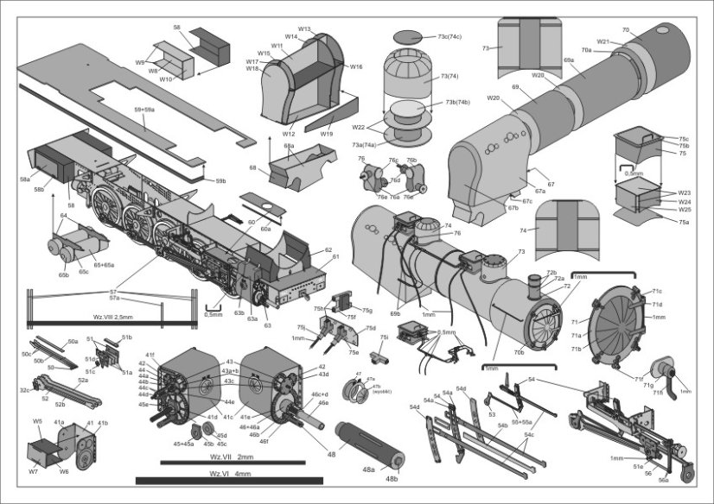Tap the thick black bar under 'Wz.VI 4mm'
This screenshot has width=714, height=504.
point(220,481)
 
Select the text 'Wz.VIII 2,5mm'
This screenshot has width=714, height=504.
point(95,317)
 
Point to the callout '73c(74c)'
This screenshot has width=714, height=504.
point(449,37)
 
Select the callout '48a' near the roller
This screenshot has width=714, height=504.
point(369,469)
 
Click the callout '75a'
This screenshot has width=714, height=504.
point(684,223)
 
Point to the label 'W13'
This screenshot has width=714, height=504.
point(304,28)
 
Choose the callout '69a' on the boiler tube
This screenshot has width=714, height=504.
point(568,60)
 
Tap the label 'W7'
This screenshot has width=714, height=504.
point(33,472)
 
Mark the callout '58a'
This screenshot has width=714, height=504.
point(24,180)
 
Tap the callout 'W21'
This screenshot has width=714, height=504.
point(603,41)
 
